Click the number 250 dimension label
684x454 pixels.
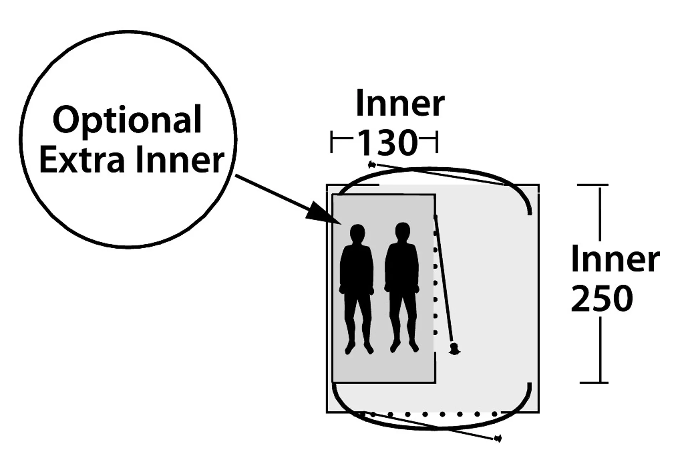point(602,299)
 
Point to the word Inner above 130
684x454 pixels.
point(400,103)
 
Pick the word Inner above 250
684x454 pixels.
point(615,259)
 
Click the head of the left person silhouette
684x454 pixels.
point(357,234)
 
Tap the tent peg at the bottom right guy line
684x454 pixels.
point(498,438)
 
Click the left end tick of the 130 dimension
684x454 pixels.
point(332,142)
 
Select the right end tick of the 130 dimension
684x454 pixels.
point(437,142)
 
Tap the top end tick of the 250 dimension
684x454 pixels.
point(592,185)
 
